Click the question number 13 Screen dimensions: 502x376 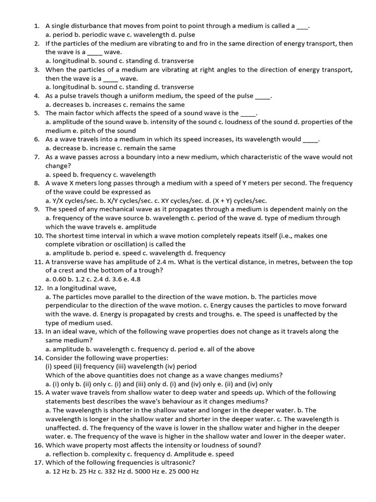[39, 331]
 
